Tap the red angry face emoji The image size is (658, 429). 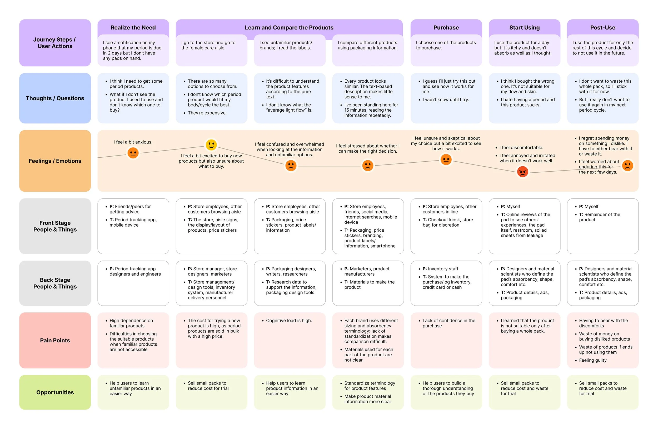pos(522,172)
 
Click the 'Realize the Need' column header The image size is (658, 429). pos(133,28)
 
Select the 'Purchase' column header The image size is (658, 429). pos(446,28)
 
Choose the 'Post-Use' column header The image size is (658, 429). pos(602,28)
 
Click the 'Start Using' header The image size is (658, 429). pos(524,28)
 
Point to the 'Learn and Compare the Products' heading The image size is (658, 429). pos(289,28)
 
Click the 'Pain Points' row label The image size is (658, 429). pos(55,340)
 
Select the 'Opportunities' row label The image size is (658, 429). pos(55,392)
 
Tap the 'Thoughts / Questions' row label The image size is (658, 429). pos(55,98)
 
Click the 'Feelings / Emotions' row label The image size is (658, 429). pos(55,161)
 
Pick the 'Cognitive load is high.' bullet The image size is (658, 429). pos(289,321)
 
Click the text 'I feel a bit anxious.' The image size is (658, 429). pos(133,142)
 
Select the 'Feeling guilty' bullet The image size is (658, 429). pos(592,360)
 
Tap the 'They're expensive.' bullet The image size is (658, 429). pos(207,113)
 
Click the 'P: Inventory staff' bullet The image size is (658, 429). pos(440,269)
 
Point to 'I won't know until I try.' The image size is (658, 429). pos(445,99)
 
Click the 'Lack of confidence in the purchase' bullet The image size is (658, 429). pos(448,323)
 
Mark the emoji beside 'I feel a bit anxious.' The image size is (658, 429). pos(133,153)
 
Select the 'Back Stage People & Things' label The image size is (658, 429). pos(55,283)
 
